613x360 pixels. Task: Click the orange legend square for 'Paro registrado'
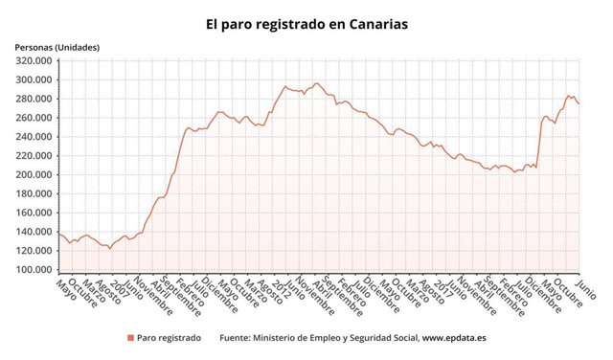130,338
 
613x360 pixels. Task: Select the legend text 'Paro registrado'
170,338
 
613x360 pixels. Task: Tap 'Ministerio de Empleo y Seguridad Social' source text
329,338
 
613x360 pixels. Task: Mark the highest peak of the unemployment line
317,83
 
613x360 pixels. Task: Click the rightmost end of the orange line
579,104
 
